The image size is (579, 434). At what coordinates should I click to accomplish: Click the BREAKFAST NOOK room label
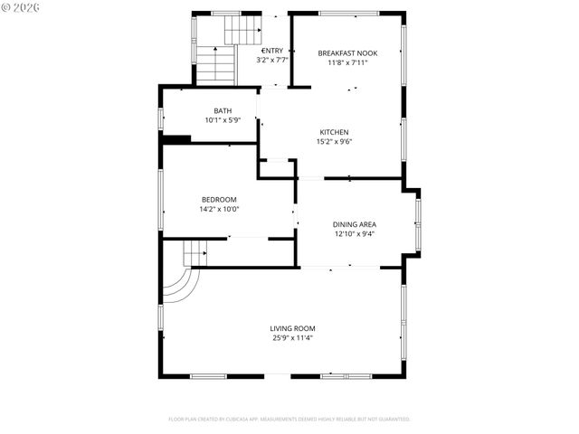coord(347,53)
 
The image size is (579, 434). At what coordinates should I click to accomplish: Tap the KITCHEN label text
coord(334,132)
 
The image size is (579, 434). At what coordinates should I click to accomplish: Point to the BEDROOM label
coord(219,200)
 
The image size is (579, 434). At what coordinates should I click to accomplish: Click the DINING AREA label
coord(354,224)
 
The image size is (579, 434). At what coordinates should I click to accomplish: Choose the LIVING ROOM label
coord(292,328)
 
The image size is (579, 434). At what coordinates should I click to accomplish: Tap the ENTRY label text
coord(272,51)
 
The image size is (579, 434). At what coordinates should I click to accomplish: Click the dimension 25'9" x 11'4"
coord(292,338)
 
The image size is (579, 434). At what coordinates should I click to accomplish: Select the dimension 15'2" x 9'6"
coord(334,141)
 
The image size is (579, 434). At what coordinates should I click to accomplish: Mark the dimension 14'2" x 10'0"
coord(219,209)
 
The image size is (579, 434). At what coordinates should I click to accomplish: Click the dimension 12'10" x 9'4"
coord(354,233)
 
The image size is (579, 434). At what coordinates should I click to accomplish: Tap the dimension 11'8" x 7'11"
coord(347,62)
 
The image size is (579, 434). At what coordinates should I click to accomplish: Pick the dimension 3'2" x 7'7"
coord(272,60)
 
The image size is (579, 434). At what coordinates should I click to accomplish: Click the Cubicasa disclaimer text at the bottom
coord(289,420)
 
